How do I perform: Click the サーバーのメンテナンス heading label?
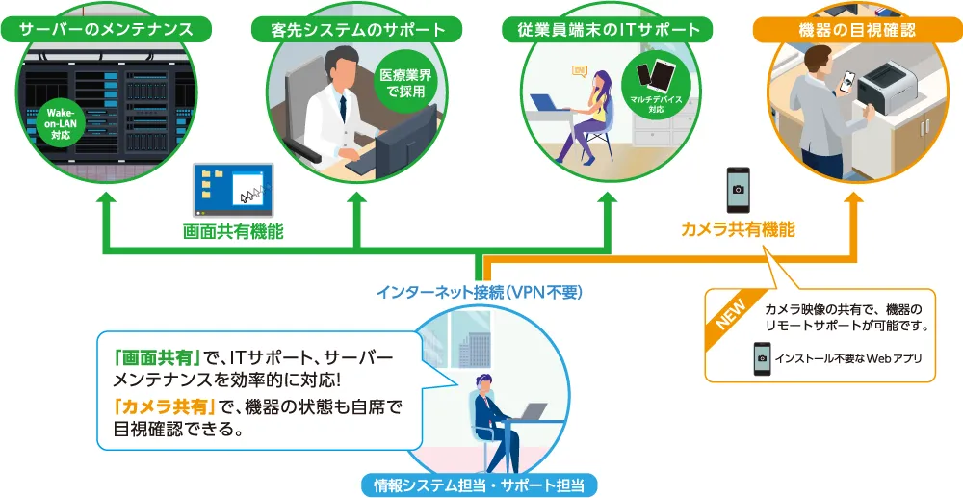[106, 30]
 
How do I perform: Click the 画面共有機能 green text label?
[233, 232]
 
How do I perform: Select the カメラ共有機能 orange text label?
[738, 229]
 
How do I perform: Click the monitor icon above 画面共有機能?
[233, 190]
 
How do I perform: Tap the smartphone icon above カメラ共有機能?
[738, 189]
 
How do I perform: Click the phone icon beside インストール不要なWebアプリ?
[762, 359]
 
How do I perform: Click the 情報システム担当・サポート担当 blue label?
[479, 484]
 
